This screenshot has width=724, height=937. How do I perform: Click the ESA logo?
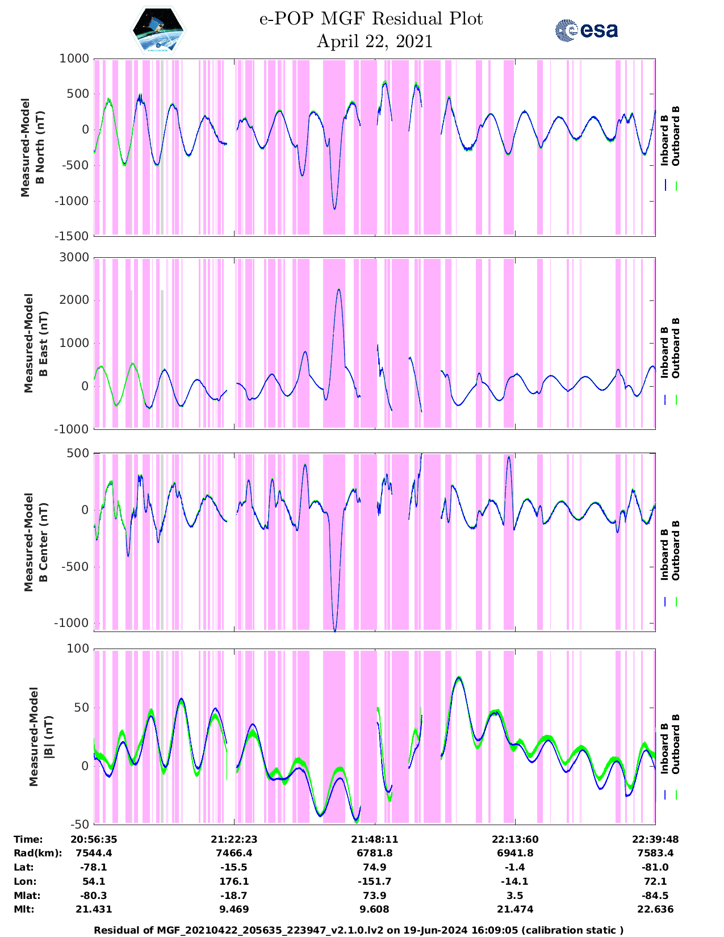(586, 30)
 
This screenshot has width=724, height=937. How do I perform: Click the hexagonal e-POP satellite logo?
(158, 30)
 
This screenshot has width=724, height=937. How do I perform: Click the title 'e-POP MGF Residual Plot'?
(371, 19)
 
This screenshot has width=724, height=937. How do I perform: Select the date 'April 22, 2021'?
(374, 41)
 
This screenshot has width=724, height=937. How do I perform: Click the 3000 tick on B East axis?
(74, 257)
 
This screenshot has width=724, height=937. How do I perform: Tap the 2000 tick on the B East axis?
(74, 300)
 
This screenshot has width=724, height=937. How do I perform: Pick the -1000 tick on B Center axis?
(72, 622)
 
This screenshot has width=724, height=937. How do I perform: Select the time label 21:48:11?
(374, 839)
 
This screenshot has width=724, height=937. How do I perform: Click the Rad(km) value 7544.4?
(94, 853)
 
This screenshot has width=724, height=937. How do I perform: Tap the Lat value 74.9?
(374, 867)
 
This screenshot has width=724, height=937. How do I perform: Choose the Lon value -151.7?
(374, 881)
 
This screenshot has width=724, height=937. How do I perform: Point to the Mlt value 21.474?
(515, 909)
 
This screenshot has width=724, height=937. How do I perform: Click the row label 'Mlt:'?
(24, 909)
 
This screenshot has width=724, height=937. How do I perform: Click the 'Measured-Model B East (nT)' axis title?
(35, 343)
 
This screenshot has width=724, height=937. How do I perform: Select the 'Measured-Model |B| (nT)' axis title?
(40, 737)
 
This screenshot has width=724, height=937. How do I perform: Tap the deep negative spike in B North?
(334, 208)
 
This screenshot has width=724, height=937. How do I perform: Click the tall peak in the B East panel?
(339, 290)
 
